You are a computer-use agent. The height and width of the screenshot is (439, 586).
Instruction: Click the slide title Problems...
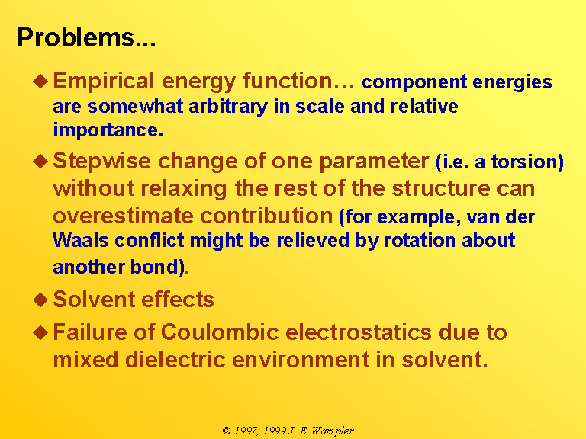(x=86, y=37)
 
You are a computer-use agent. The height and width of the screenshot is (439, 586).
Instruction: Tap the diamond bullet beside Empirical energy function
(x=40, y=81)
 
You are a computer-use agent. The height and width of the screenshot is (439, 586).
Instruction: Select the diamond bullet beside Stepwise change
(x=40, y=162)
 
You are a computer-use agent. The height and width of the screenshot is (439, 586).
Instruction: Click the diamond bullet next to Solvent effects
(x=40, y=300)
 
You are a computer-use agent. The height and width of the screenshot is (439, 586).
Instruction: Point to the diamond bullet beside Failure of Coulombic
(x=40, y=332)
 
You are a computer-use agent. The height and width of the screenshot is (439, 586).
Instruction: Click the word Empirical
(x=104, y=82)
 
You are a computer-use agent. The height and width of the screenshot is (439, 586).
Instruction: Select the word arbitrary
(x=228, y=107)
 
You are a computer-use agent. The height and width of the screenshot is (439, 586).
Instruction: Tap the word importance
(x=108, y=130)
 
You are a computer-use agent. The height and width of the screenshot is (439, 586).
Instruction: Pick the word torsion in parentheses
(x=527, y=162)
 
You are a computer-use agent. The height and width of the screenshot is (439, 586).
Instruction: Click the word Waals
(x=81, y=240)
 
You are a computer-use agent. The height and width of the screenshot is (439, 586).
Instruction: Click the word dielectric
(x=175, y=360)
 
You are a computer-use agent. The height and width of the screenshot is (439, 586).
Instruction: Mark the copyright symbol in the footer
(x=226, y=431)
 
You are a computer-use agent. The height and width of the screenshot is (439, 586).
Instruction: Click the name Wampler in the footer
(x=333, y=431)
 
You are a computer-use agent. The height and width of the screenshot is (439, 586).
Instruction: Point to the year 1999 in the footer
(x=275, y=431)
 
